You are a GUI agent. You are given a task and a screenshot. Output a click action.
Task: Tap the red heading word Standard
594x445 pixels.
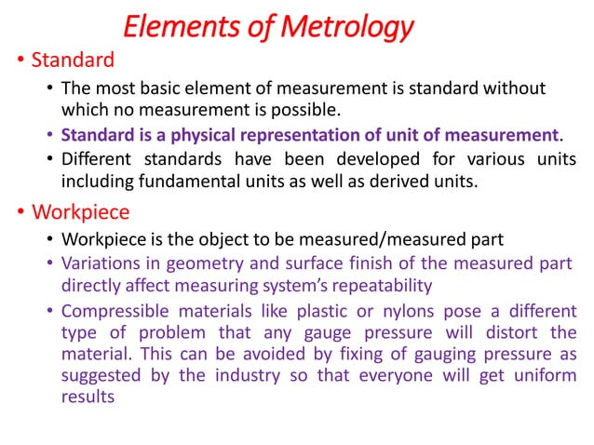coord(73,61)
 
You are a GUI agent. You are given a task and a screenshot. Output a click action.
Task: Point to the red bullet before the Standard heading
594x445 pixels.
coord(20,62)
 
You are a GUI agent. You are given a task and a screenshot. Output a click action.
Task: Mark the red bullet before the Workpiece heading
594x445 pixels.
coord(20,212)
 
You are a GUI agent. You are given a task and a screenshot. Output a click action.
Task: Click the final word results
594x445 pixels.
coord(88,397)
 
